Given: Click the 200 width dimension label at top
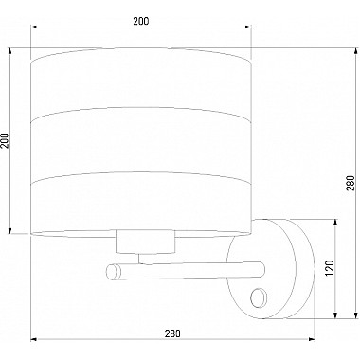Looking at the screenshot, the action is [140, 21].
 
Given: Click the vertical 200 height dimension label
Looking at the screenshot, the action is [6, 140].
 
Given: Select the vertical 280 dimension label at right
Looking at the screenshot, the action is [351, 184].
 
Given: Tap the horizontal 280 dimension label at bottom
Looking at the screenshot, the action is [172, 333].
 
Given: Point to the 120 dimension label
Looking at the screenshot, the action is [330, 268].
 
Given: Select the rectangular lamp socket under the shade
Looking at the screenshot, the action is [145, 242].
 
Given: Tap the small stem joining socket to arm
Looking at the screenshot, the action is [146, 259].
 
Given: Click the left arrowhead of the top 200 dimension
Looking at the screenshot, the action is [34, 27].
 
